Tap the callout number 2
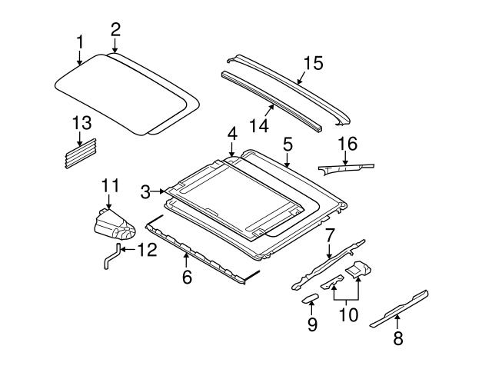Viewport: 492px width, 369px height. coord(115,30)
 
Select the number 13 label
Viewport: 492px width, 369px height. coord(82,123)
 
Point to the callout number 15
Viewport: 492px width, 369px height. coord(312,62)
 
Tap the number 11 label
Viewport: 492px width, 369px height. coord(111,184)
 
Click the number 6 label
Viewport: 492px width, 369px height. coord(187,277)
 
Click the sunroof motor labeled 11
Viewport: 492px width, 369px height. coord(114,224)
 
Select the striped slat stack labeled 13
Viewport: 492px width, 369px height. coord(81,148)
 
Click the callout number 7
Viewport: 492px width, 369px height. coord(329,234)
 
